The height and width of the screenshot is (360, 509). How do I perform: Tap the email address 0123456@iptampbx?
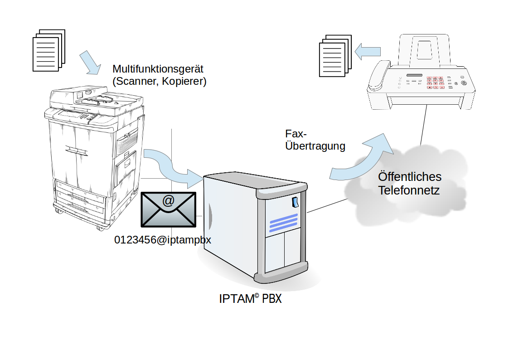163,240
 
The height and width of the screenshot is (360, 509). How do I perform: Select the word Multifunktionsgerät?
158,69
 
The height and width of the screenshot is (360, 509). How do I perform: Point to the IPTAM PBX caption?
250,299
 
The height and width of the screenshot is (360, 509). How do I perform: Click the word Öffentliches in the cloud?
410,176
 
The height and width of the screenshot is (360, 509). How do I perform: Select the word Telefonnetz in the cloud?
409,190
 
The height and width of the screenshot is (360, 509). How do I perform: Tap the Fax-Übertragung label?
315,140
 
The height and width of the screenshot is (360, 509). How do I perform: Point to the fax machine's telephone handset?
379,74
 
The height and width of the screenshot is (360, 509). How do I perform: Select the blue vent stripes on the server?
284,223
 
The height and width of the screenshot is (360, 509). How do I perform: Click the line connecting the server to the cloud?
326,205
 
